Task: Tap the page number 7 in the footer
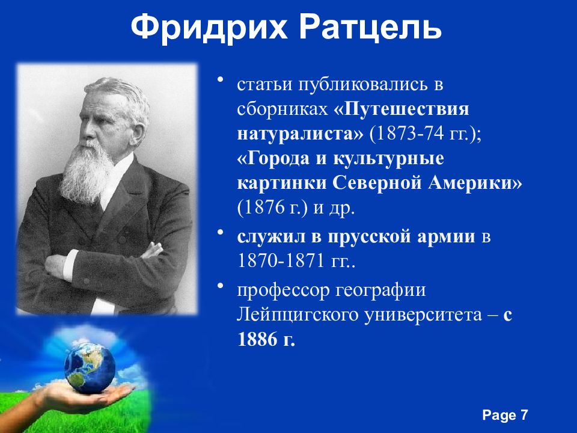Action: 524,415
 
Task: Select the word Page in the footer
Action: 498,415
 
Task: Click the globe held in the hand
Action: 90,367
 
